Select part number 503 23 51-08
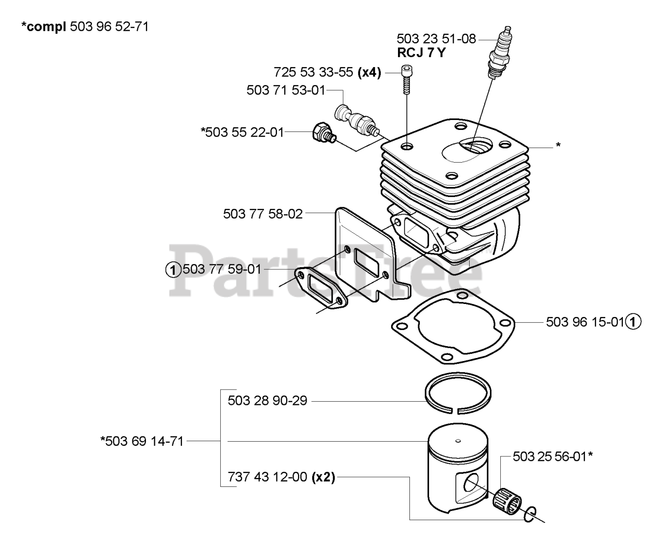[x=436, y=39]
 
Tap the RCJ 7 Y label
[x=421, y=52]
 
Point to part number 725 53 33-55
[x=313, y=72]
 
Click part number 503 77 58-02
[x=262, y=214]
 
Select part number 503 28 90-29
[x=267, y=401]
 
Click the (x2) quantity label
[x=323, y=477]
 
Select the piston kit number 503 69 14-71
[x=141, y=442]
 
